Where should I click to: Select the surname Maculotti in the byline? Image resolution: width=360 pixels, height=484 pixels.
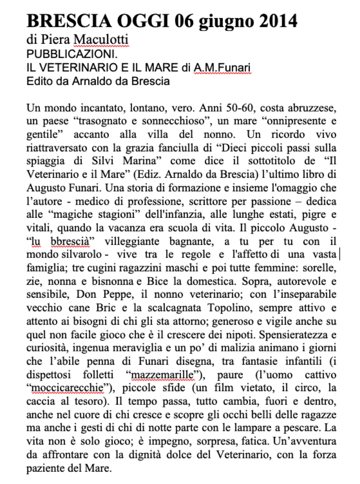101,39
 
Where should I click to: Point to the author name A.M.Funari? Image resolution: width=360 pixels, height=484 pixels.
222,68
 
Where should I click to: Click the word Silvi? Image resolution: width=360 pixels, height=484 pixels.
103,161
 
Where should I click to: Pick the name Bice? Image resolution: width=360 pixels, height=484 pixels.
156,281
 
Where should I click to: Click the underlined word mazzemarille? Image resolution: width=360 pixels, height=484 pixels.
163,374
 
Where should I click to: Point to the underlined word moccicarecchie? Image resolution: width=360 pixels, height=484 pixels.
67,388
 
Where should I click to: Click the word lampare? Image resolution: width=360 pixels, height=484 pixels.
260,428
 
